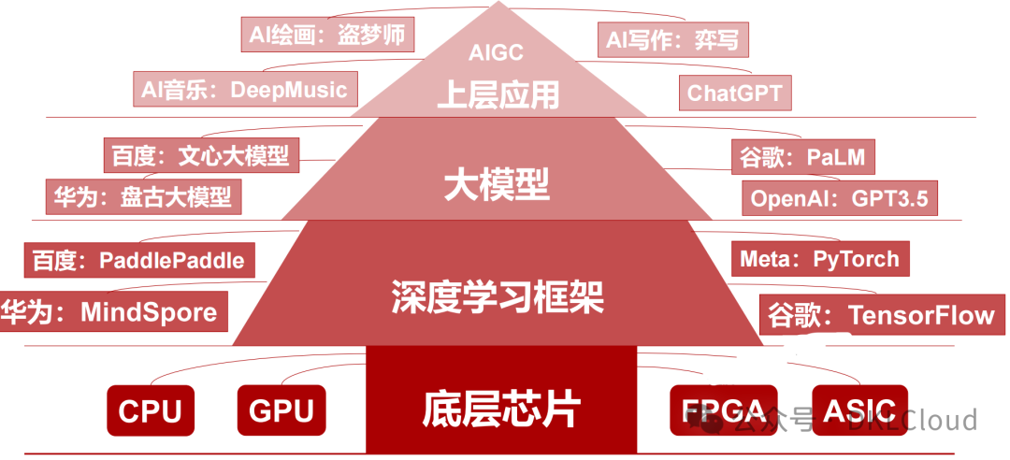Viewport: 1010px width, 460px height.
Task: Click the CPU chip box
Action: coord(150,410)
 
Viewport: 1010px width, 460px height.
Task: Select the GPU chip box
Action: coord(281,410)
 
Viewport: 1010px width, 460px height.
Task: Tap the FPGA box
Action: coord(724,410)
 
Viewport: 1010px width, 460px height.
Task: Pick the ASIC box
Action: coord(859,410)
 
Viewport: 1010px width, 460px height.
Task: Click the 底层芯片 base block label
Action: coord(502,409)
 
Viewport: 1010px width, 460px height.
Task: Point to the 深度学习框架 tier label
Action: coord(497,297)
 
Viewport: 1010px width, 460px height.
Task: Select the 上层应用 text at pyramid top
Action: coord(498,93)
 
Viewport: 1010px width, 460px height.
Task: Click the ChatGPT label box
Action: coord(734,93)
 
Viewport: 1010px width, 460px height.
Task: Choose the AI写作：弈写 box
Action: coord(672,39)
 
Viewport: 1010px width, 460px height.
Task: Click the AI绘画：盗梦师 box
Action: coord(327,36)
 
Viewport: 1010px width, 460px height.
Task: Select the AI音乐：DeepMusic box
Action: coord(243,90)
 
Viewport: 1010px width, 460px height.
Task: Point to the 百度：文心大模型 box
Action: coord(200,155)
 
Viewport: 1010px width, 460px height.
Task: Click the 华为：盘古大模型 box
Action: coord(143,196)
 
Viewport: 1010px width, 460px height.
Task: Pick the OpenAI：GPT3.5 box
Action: coord(839,198)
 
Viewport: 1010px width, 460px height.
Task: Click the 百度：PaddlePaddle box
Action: coord(139,259)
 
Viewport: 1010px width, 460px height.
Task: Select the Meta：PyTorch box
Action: coord(819,258)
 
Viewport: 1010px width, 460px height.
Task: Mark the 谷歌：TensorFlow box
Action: coord(881,315)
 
